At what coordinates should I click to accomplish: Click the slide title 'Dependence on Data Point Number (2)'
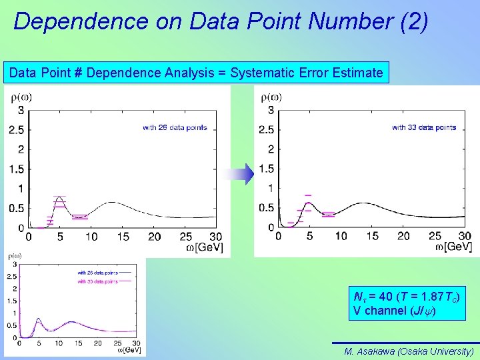[220, 21]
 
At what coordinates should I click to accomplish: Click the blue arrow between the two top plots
[238, 175]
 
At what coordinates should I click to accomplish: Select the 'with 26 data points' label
[175, 127]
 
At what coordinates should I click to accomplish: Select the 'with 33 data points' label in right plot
[424, 127]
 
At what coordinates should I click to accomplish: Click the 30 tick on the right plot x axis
[465, 236]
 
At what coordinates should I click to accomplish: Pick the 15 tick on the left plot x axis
[123, 237]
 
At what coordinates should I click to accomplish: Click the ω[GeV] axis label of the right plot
[453, 247]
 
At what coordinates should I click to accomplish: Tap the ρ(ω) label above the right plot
[271, 97]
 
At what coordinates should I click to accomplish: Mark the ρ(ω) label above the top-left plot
[21, 97]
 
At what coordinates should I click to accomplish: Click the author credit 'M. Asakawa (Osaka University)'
[409, 351]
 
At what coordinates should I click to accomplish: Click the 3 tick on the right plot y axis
[271, 110]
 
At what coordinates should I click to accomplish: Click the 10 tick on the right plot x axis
[341, 236]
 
